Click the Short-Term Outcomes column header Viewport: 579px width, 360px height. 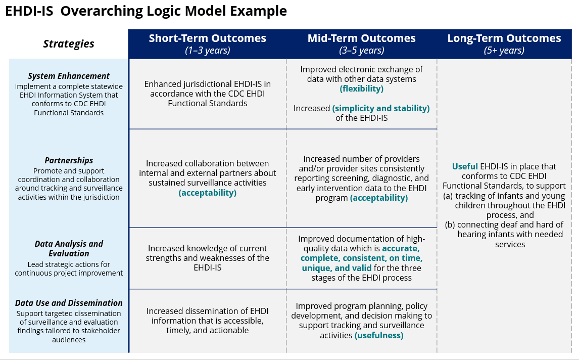click(x=207, y=38)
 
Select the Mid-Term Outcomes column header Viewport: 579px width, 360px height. click(x=361, y=38)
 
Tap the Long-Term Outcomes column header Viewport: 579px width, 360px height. click(x=504, y=38)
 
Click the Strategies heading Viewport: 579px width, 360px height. click(x=69, y=44)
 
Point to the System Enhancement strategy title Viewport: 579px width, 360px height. click(x=69, y=76)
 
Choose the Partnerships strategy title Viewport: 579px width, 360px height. click(x=69, y=161)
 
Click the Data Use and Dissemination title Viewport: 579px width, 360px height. click(x=69, y=303)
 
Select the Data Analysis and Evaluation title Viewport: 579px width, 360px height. click(x=69, y=248)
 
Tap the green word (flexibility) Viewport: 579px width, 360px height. click(x=361, y=89)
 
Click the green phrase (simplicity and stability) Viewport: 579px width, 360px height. click(x=380, y=108)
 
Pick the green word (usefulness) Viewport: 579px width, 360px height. click(x=379, y=335)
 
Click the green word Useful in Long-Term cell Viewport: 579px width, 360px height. click(x=464, y=166)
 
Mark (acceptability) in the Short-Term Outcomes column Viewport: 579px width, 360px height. click(x=207, y=193)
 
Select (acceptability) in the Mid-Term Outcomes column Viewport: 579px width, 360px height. click(x=379, y=198)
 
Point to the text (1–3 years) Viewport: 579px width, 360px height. click(x=207, y=51)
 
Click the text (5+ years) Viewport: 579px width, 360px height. click(x=504, y=51)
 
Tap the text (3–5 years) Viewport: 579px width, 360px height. click(x=361, y=51)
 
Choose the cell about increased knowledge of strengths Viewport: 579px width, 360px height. click(x=207, y=258)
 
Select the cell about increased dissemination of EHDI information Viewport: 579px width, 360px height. click(x=207, y=321)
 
